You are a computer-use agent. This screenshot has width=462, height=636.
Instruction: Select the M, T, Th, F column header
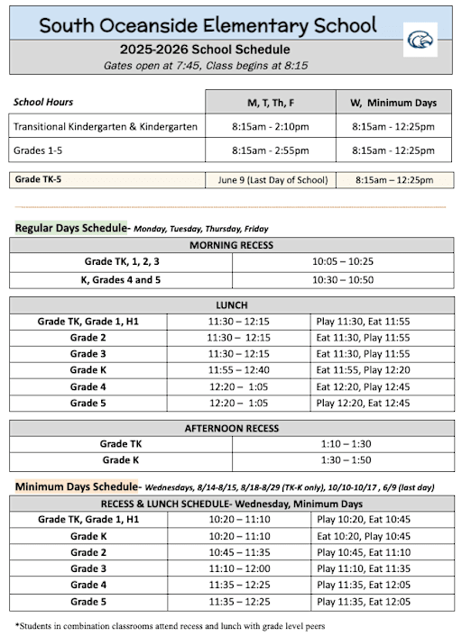(x=270, y=102)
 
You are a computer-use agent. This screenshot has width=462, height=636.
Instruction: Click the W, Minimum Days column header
(x=393, y=102)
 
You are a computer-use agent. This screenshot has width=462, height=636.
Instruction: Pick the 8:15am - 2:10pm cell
(x=270, y=126)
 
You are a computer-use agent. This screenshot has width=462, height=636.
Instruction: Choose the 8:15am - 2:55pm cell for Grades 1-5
(x=270, y=150)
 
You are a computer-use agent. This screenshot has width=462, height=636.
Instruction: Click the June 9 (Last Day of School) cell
(x=272, y=179)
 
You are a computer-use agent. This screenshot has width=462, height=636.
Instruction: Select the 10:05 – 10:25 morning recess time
(x=342, y=261)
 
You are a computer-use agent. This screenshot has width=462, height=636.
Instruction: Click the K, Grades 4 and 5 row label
(x=120, y=280)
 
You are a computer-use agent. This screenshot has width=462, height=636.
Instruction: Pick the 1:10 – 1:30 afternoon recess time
(x=342, y=444)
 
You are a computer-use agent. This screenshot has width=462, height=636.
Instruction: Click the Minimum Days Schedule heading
(x=76, y=486)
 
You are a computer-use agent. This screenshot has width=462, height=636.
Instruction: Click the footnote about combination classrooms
(x=170, y=624)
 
